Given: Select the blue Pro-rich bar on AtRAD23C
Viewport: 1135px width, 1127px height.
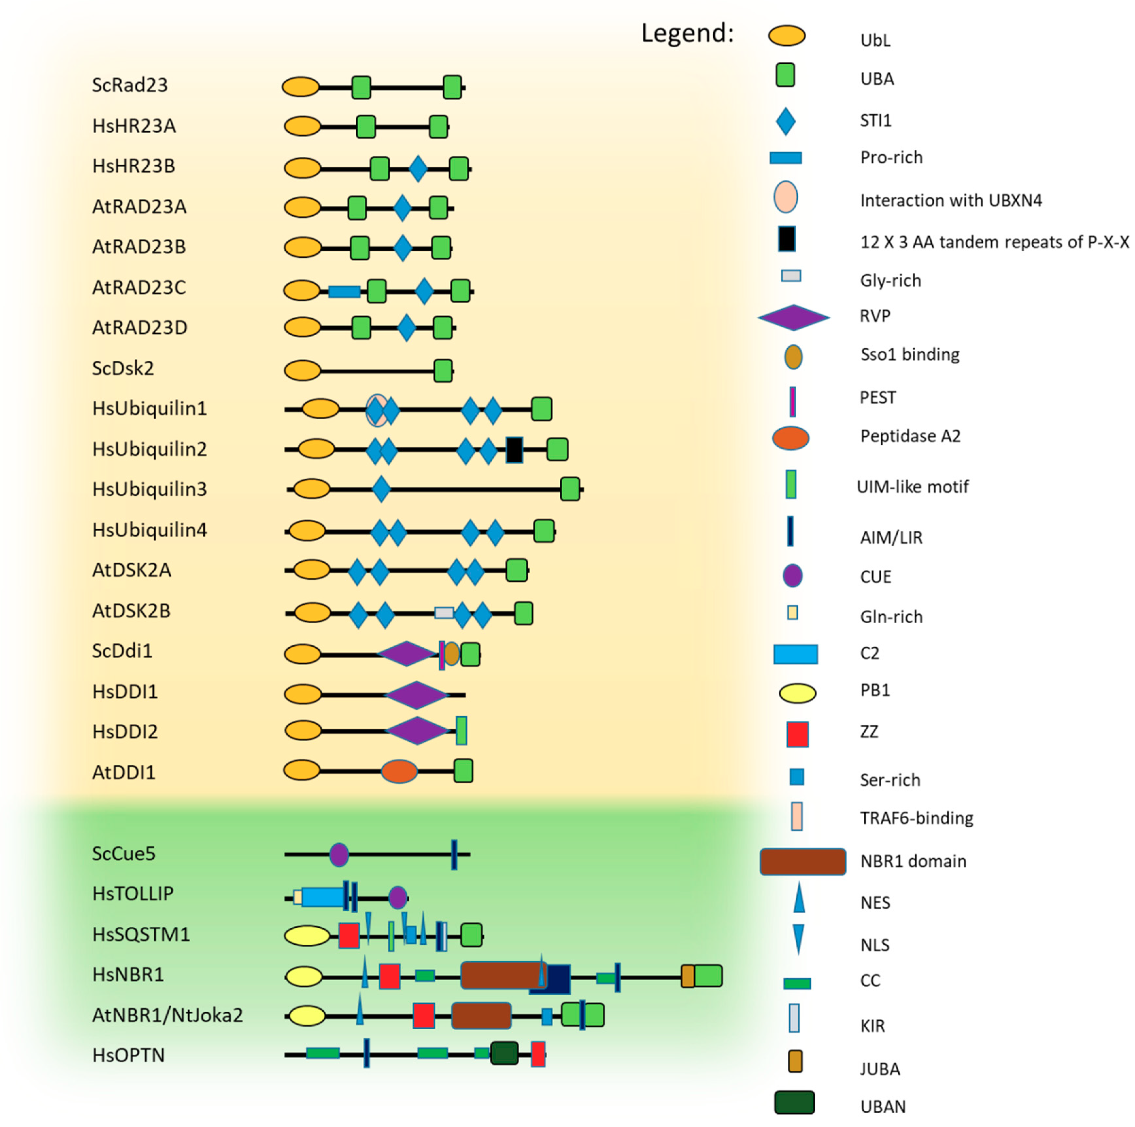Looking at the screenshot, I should [344, 291].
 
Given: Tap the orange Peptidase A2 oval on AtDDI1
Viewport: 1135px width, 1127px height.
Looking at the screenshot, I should [399, 771].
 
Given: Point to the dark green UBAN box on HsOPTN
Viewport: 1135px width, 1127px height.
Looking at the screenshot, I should [504, 1053].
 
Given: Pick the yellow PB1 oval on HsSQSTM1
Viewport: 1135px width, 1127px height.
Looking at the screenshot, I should [307, 936].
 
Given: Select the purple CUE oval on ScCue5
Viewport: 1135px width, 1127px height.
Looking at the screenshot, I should [339, 854].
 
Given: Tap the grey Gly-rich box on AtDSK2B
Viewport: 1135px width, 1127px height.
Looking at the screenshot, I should [444, 613].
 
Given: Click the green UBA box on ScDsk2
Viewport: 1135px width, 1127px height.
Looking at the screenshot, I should [443, 371].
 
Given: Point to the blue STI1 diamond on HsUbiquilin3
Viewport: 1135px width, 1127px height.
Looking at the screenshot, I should [381, 489].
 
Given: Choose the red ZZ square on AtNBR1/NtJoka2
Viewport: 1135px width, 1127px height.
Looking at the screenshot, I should [424, 1016].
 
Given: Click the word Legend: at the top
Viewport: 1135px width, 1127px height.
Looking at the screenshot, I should [687, 33].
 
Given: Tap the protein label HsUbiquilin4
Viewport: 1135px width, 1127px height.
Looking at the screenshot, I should [150, 530].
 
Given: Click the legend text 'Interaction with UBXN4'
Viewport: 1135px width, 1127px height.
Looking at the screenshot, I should [951, 201].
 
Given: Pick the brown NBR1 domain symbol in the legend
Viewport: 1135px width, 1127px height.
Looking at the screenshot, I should [803, 862].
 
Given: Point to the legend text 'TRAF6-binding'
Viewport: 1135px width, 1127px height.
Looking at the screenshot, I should [916, 818].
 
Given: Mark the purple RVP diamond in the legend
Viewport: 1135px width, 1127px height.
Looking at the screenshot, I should [794, 317].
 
